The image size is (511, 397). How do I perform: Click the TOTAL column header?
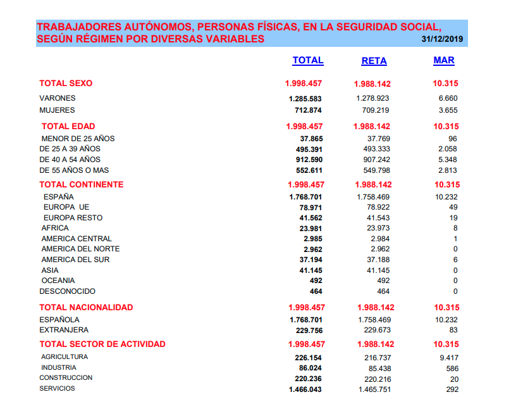pos(307,60)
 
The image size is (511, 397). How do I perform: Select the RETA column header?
pos(374,61)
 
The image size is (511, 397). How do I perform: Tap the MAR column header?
pos(443,60)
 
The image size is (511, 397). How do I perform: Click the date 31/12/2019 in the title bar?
pos(443,39)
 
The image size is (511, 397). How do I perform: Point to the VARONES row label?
pos(58,98)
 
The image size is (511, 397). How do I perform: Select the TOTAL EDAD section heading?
pos(68,126)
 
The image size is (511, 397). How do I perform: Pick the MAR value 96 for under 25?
pos(452,139)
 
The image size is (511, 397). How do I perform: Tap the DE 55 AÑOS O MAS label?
pos(74,170)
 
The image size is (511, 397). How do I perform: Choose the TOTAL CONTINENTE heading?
pos(82,184)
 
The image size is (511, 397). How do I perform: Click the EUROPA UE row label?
pos(66,207)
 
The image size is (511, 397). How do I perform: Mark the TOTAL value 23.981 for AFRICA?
pos(311,228)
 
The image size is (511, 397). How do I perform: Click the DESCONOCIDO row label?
pos(68,291)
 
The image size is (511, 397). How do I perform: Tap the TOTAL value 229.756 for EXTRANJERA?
pos(309,330)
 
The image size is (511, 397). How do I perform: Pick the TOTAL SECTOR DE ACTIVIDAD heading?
pos(102,344)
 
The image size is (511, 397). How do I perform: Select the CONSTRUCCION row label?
pos(66,378)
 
